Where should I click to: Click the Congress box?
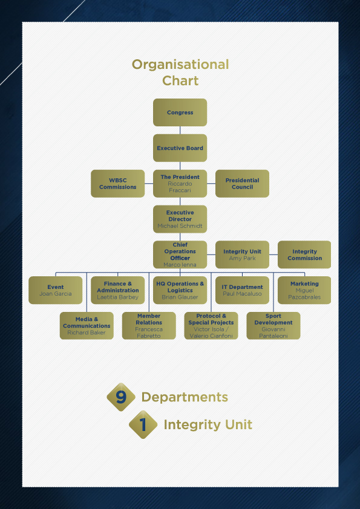180,112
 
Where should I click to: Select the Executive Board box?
180,148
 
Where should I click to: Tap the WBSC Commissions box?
117,184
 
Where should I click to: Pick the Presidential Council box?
242,184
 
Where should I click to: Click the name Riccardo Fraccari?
180,187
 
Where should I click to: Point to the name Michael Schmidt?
180,226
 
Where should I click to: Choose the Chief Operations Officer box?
180,254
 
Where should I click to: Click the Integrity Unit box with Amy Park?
242,254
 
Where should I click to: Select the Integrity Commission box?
304,254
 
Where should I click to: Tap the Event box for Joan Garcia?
56,290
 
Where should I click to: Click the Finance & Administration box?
117,290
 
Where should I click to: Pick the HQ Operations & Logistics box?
180,290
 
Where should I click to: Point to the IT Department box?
242,290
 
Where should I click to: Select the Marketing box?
304,290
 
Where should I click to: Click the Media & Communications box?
87,326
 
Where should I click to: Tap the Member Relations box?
149,326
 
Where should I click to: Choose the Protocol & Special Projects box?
211,326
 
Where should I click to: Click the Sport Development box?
273,326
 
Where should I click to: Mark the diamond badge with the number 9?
121,397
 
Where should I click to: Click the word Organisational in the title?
180,64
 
